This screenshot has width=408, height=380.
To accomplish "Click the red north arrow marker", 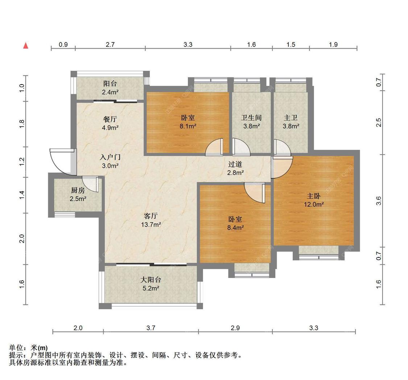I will [x=26, y=46].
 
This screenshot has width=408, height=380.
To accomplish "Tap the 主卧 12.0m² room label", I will [x=314, y=200].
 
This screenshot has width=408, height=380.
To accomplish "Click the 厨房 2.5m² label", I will [x=78, y=194].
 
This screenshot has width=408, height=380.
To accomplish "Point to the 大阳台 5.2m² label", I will [x=151, y=284].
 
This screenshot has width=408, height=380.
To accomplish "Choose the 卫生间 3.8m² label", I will [x=251, y=122].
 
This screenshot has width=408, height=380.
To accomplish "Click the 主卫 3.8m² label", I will [x=291, y=122].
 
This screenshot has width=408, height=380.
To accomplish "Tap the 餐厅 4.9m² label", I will [x=110, y=123].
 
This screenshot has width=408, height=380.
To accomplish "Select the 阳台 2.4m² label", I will [x=110, y=87].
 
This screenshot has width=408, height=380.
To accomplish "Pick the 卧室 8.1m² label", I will [x=188, y=122].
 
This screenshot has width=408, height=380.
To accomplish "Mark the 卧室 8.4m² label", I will [x=235, y=224].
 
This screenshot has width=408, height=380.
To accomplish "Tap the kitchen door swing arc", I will [x=91, y=184].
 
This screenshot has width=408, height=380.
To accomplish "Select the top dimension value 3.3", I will [x=188, y=45].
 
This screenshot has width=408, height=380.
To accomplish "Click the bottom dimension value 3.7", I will [x=151, y=328].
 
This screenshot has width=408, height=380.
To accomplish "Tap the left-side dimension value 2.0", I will [x=21, y=238].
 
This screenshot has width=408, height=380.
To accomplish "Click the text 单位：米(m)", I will [x=28, y=347].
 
